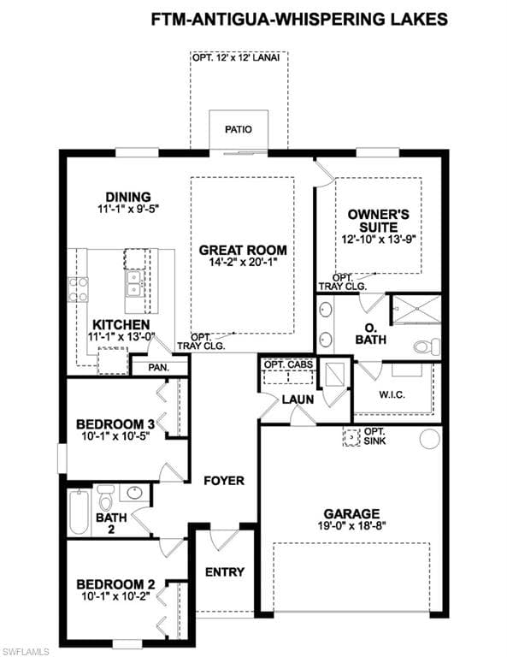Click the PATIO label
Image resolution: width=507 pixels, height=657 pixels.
click(x=239, y=129)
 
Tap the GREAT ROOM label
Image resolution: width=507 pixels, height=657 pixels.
click(x=243, y=250)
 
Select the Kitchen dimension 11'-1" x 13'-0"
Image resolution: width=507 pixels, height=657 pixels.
click(x=121, y=336)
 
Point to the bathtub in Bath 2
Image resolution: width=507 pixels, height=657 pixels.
click(x=80, y=512)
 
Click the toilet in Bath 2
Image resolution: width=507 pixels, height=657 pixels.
click(x=105, y=497)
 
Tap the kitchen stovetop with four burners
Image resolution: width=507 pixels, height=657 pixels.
click(x=79, y=290)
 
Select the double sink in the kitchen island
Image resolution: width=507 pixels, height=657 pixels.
click(x=134, y=284)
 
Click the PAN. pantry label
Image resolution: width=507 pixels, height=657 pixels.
click(x=159, y=368)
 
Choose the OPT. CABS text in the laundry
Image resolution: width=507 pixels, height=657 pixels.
click(x=288, y=364)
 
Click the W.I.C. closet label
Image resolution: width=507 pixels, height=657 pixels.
click(x=392, y=394)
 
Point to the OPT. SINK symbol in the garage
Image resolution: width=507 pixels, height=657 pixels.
click(x=351, y=437)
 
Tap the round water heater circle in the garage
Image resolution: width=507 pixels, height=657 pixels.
click(x=428, y=438)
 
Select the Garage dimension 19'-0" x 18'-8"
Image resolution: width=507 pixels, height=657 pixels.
click(x=351, y=526)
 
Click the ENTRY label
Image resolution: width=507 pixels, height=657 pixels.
click(x=225, y=572)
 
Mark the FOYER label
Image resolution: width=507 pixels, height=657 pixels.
click(x=224, y=481)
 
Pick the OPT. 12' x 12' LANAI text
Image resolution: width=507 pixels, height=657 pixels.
click(x=236, y=57)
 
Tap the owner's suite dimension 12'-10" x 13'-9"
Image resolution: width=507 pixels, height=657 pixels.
click(x=378, y=240)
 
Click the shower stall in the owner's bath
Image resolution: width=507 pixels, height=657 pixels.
click(x=416, y=310)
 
